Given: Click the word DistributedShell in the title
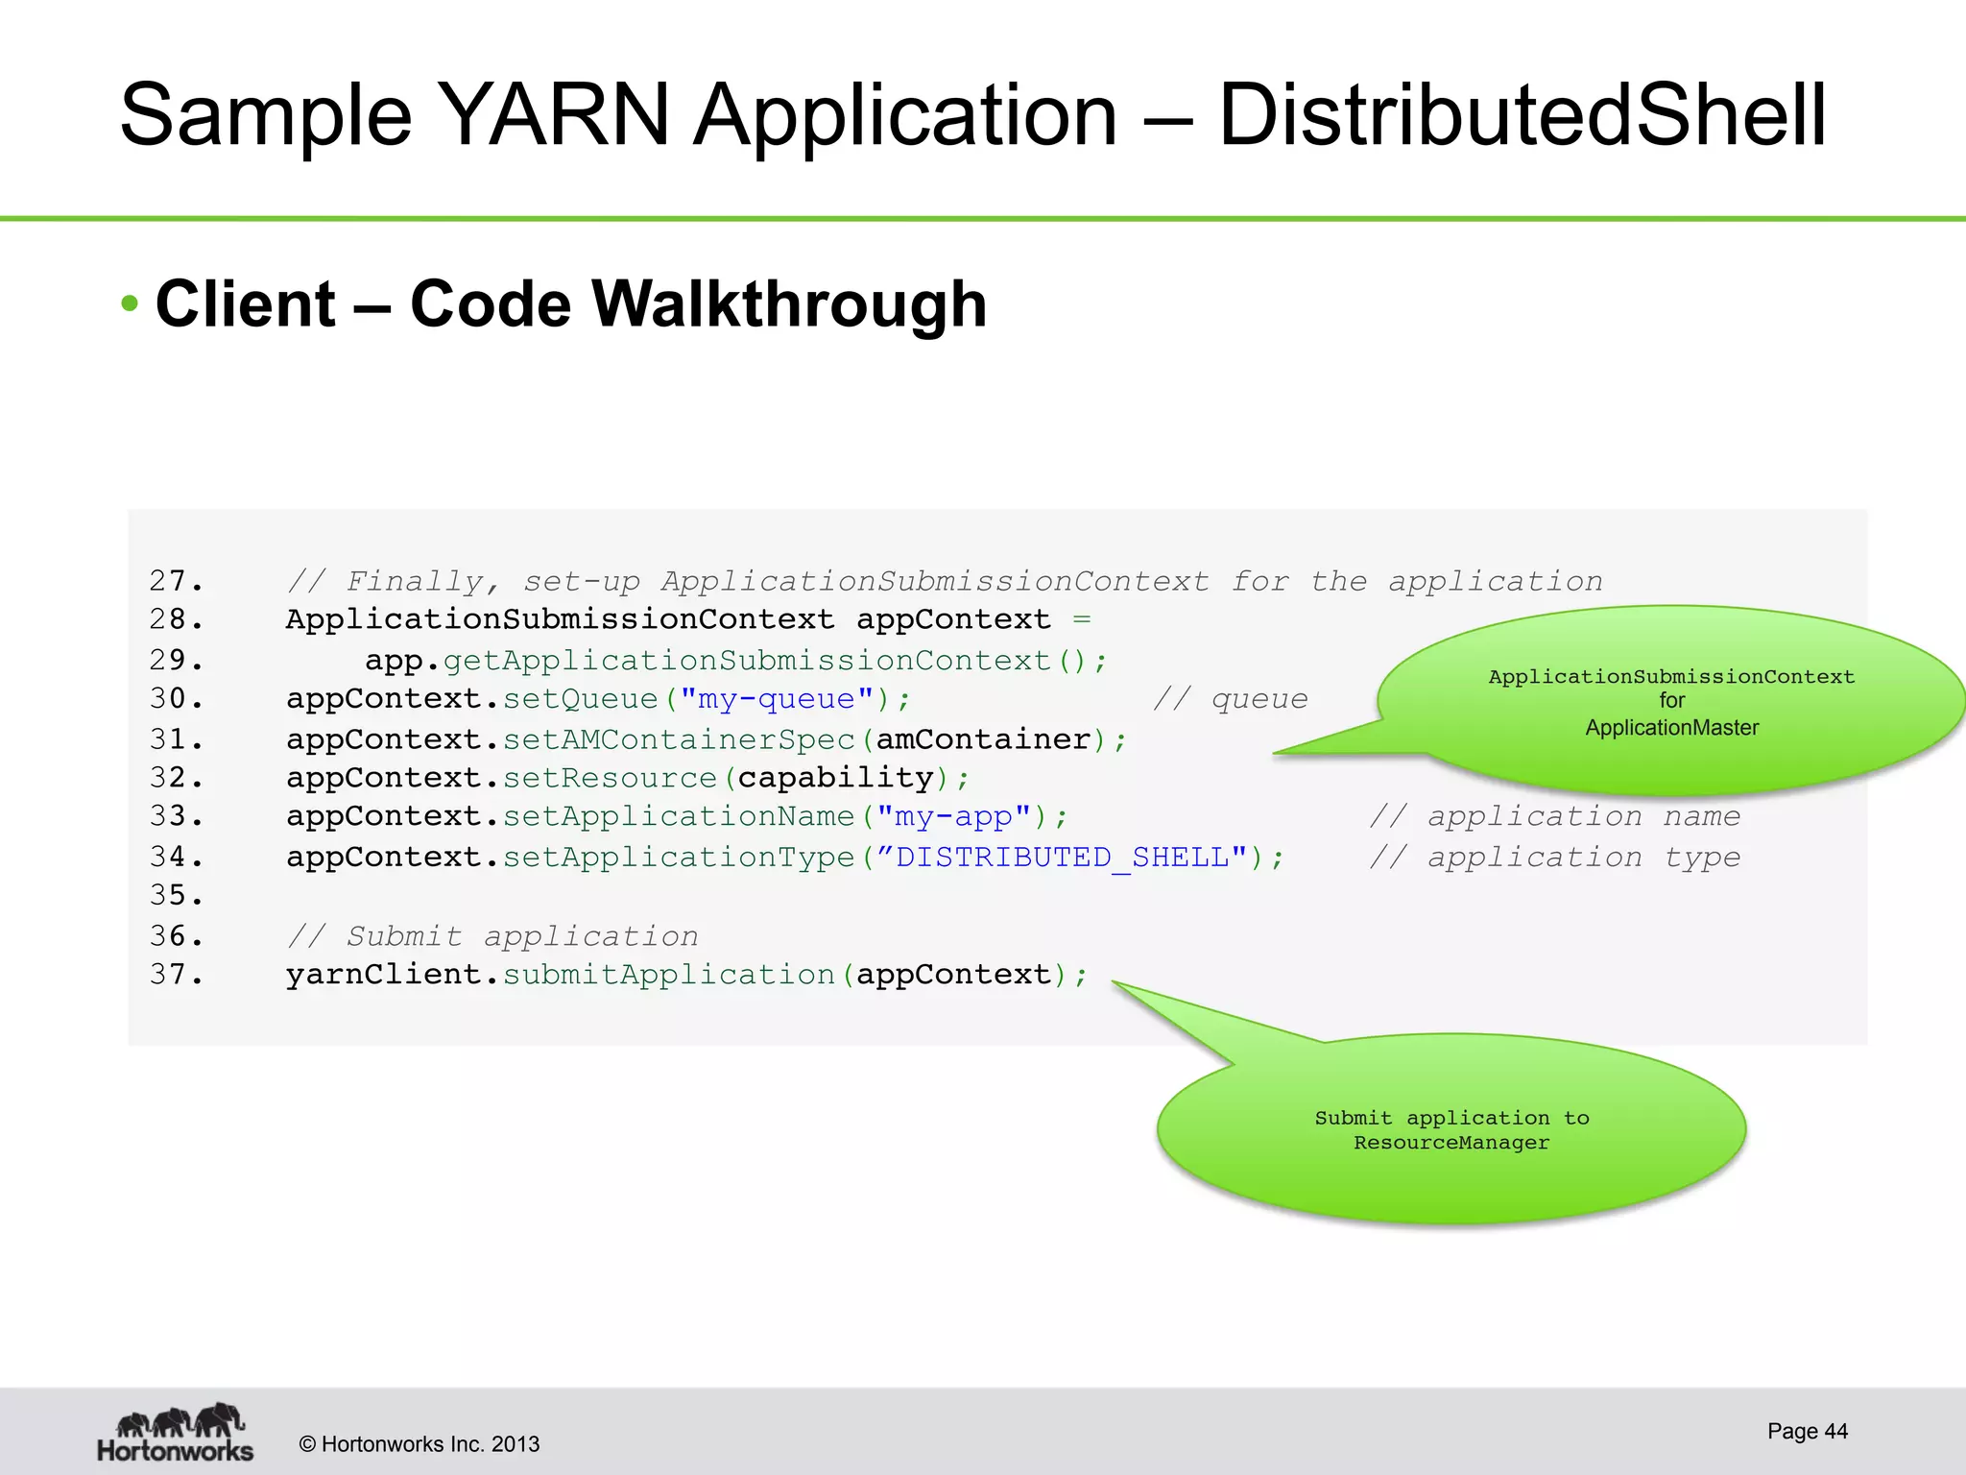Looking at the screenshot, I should click(x=1522, y=115).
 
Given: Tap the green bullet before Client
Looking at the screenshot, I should click(x=131, y=304).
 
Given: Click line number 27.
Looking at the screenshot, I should click(x=176, y=581).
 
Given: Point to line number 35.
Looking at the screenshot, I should click(x=176, y=896).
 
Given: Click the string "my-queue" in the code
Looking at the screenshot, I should click(x=776, y=699).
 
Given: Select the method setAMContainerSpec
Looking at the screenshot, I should click(x=678, y=739).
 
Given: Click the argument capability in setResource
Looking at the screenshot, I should click(x=835, y=778).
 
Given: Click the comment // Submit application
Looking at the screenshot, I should click(x=492, y=936).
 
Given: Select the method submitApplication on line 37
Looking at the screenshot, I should click(x=668, y=976).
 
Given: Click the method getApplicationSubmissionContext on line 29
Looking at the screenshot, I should click(x=747, y=661).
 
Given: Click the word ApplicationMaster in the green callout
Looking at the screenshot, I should click(x=1671, y=728).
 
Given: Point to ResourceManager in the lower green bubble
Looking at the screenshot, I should click(x=1451, y=1143).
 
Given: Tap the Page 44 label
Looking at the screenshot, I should click(x=1807, y=1431).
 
